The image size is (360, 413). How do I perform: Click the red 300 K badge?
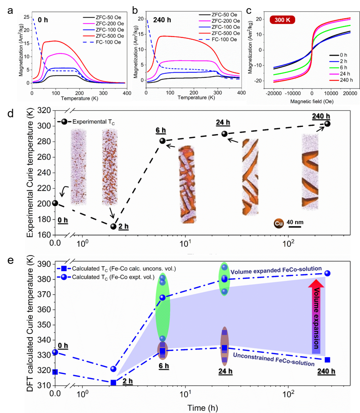[283, 19]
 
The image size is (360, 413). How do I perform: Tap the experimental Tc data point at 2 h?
[113, 226]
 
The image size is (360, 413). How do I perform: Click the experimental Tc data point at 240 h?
[327, 124]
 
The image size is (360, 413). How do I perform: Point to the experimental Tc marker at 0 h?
[55, 203]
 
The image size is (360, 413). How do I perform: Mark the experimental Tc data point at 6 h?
[163, 141]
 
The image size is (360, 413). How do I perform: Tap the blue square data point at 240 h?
[327, 360]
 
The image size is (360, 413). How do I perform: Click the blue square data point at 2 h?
[113, 383]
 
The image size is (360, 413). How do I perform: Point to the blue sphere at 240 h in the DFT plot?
[327, 273]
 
